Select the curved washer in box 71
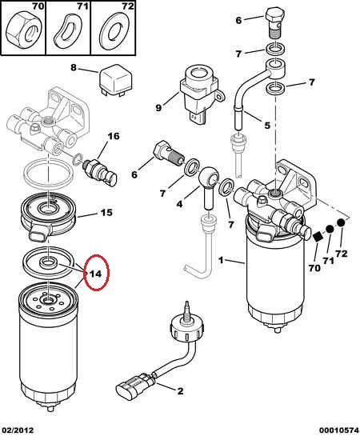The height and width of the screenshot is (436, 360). pos(68,30)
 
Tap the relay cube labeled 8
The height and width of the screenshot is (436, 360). pos(115,80)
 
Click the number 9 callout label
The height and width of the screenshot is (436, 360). pos(158,108)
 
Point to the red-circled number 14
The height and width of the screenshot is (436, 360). pos(96,274)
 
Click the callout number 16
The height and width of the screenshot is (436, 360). pos(114,136)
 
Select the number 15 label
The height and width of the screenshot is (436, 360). pos(106,213)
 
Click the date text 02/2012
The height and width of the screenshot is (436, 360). pos(17,430)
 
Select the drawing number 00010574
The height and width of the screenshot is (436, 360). pos(338,430)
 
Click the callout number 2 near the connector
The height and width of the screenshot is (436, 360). pos(180,391)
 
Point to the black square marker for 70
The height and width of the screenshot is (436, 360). pos(317,237)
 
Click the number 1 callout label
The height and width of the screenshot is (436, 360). pos(221,260)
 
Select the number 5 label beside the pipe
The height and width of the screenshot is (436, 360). pos(267,126)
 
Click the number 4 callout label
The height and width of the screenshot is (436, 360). pos(179,204)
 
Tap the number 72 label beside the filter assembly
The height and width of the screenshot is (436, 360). pos(342,254)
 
